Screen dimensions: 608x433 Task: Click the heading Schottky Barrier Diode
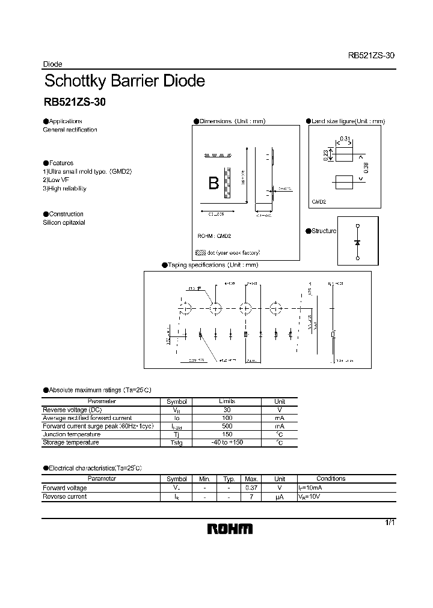click(x=124, y=81)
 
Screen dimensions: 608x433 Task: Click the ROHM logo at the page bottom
click(x=230, y=529)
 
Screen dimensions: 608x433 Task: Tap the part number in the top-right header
click(x=370, y=55)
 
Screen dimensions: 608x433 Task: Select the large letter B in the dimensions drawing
click(x=213, y=184)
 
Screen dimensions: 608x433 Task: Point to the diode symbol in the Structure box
click(x=357, y=242)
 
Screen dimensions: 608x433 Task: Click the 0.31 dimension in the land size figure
click(x=345, y=139)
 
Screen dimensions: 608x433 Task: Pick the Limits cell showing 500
click(x=227, y=426)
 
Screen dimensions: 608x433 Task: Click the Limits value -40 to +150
click(x=227, y=443)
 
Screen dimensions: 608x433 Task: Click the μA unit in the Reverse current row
click(x=279, y=497)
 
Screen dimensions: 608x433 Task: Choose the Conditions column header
click(x=331, y=479)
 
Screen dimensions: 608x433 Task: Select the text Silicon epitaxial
click(x=64, y=222)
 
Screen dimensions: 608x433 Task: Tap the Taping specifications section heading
click(x=212, y=265)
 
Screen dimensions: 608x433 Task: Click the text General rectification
click(x=70, y=130)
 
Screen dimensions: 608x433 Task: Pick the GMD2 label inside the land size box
click(x=319, y=202)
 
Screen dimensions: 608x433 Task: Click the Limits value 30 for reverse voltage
click(x=227, y=409)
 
